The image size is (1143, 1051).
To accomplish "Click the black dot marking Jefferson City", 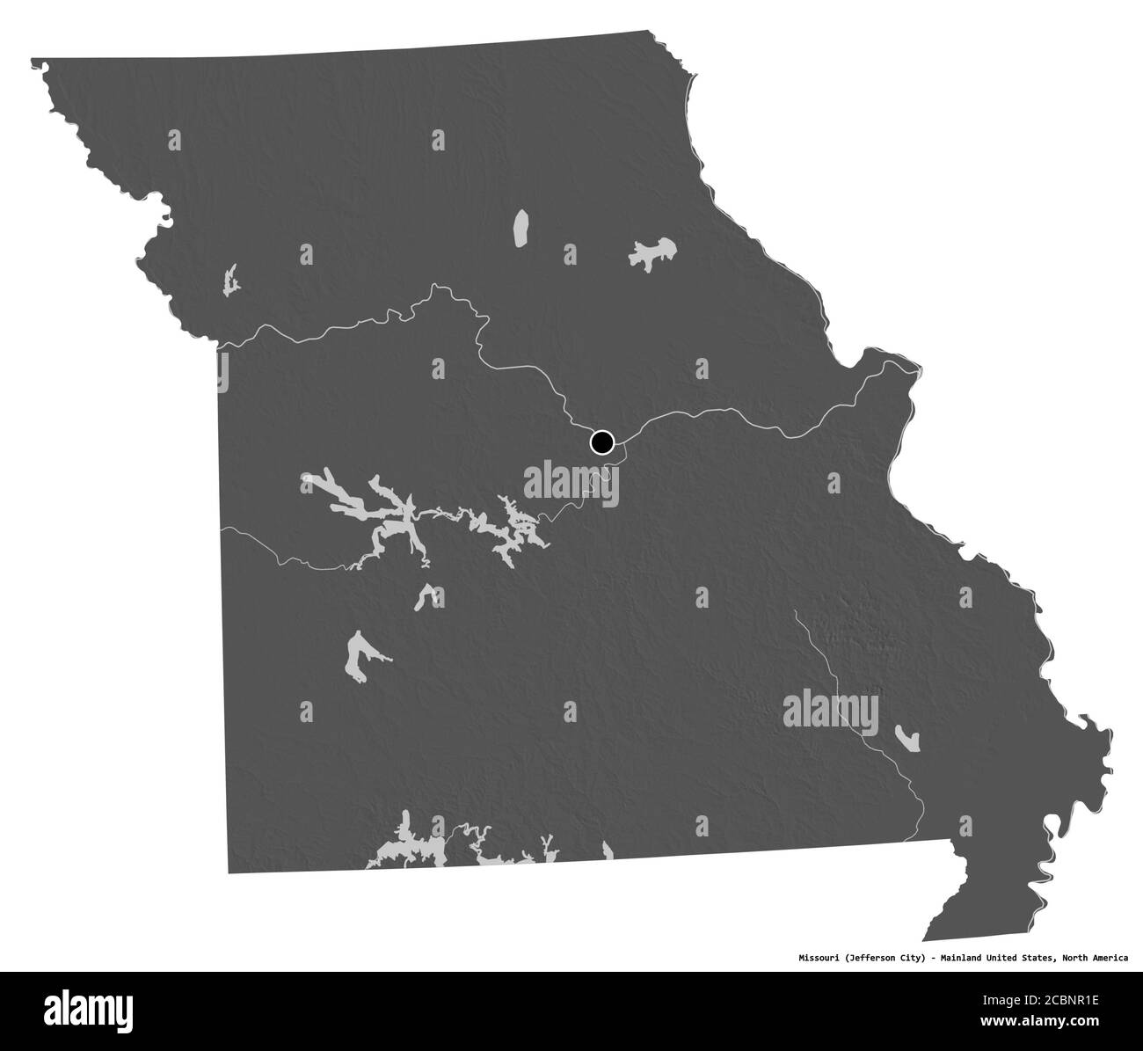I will click(601, 442).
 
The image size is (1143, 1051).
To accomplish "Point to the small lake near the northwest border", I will click(231, 281).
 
